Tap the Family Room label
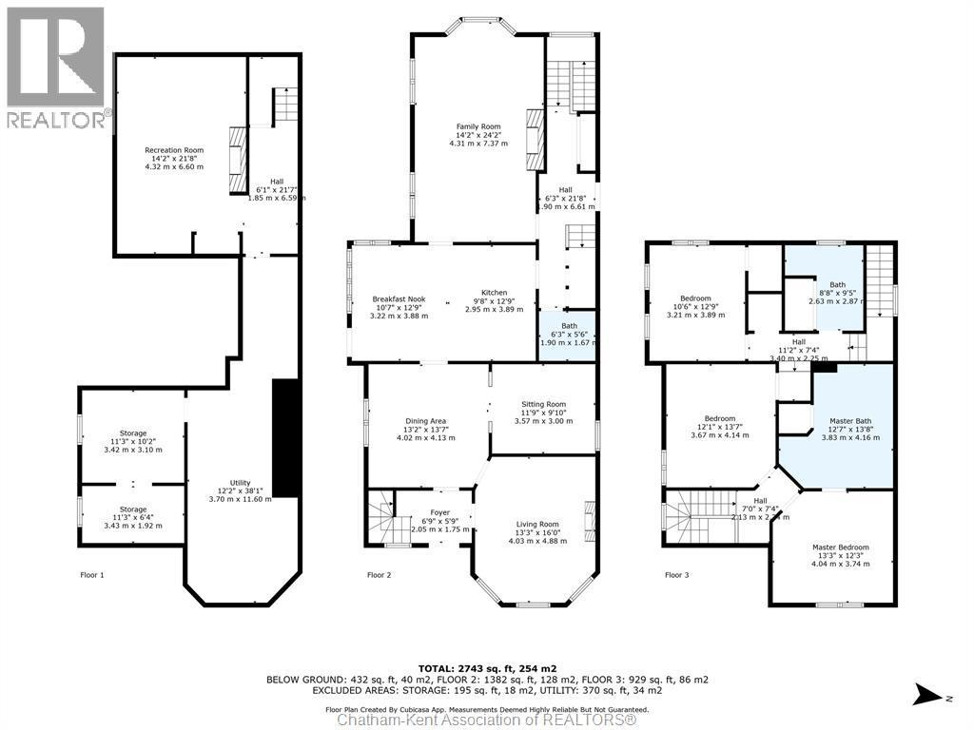pos(478,126)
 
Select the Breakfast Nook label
pos(399,299)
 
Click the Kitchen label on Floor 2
pos(494,293)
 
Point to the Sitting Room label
pos(542,404)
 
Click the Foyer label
pos(439,512)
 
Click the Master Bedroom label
pos(840,547)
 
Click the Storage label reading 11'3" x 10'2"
pos(132,433)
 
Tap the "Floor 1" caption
pos(92,575)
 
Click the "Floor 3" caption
pos(677,575)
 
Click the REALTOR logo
pos(55,67)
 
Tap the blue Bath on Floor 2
pos(568,335)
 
